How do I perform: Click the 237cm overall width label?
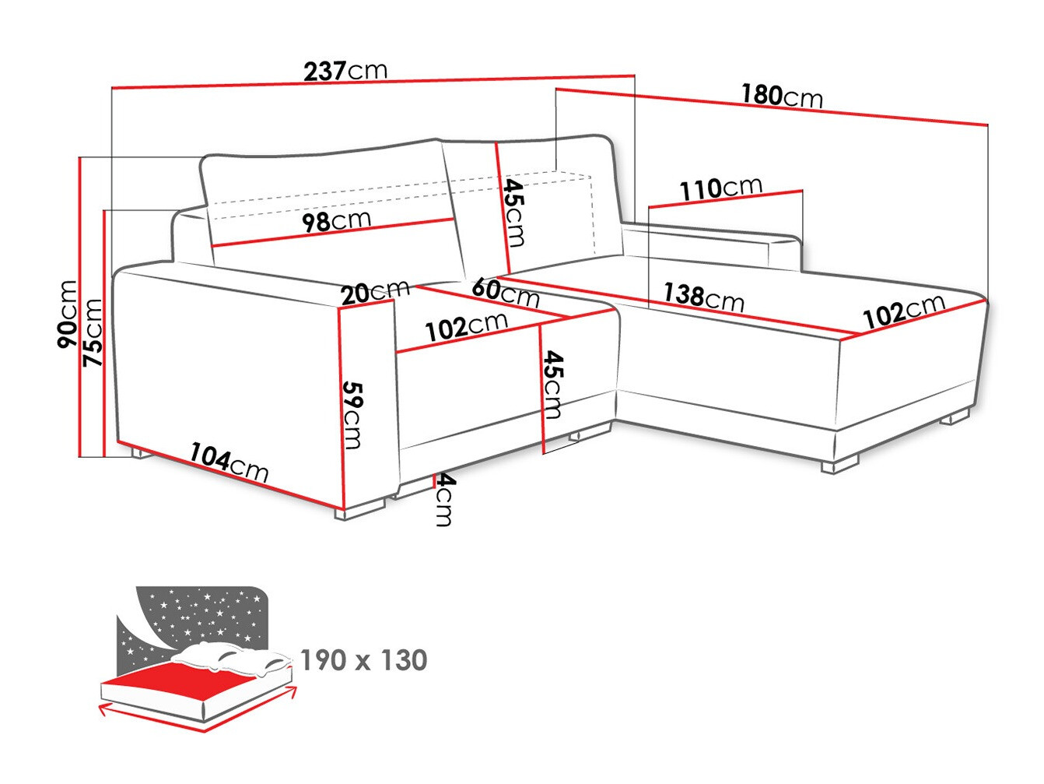(345, 71)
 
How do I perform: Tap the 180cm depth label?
(781, 96)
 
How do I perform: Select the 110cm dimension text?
(720, 188)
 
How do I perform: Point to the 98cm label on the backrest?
(336, 222)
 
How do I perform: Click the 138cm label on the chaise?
(703, 296)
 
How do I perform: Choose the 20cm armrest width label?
(375, 293)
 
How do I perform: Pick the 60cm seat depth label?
(505, 292)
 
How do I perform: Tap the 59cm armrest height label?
(352, 415)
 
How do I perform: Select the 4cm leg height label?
(444, 500)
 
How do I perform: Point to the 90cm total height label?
(68, 314)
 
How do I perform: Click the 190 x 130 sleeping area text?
(363, 660)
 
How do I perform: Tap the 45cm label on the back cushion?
(513, 212)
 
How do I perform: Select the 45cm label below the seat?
(552, 384)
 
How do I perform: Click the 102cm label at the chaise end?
(904, 311)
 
